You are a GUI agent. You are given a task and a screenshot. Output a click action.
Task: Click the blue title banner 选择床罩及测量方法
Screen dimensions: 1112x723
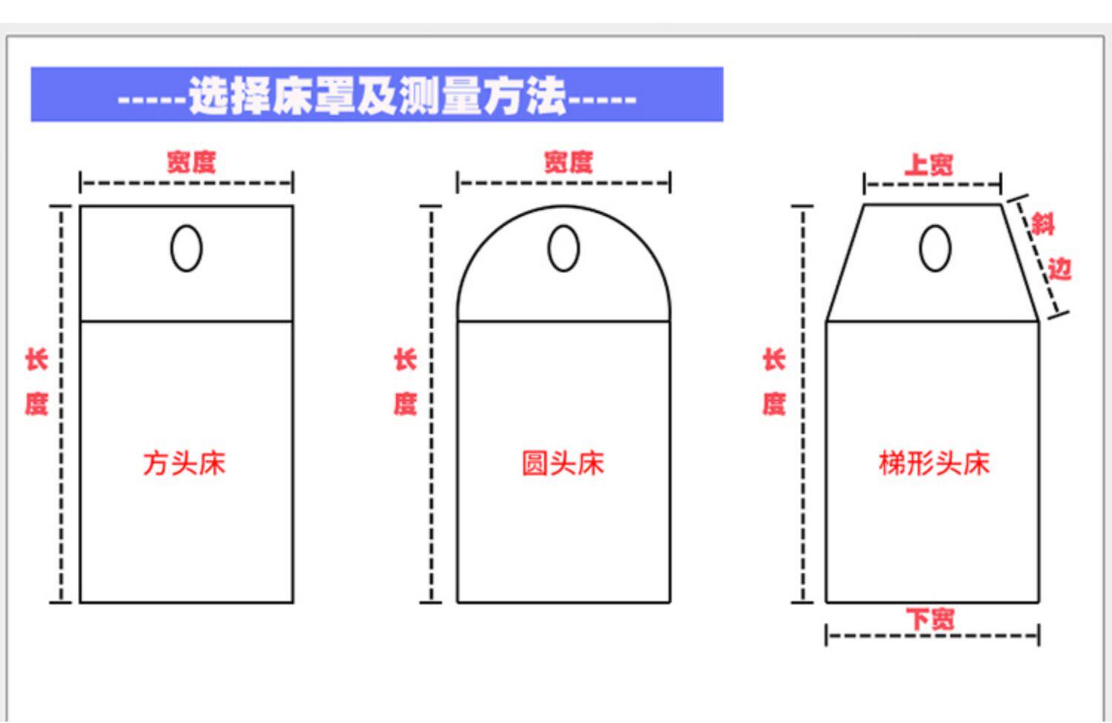tap(377, 95)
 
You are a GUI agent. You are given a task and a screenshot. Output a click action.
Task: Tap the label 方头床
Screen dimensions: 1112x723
tap(185, 463)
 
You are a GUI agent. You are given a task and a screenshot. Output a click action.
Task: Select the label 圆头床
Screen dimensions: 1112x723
tap(563, 463)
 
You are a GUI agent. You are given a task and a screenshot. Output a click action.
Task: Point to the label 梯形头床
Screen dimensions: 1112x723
tap(934, 463)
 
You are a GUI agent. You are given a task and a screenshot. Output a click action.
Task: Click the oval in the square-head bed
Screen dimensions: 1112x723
tap(186, 248)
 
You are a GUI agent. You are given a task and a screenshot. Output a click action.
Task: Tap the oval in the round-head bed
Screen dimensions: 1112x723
tap(563, 248)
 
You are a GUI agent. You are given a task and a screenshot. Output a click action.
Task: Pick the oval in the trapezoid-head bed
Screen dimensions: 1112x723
tap(935, 248)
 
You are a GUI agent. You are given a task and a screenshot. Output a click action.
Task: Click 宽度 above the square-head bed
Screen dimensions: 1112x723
tap(191, 162)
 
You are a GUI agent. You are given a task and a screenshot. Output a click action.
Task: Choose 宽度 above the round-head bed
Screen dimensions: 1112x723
tap(569, 162)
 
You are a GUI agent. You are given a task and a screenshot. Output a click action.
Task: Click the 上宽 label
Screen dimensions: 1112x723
tap(928, 164)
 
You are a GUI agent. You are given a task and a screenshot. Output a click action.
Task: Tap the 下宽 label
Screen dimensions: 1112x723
tap(930, 618)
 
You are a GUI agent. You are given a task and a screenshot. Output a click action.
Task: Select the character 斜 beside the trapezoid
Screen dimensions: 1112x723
tap(1042, 223)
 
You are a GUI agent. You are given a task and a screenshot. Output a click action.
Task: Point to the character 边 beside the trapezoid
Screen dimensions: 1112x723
tap(1059, 268)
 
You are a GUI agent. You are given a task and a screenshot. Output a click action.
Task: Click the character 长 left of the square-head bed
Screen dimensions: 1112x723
tap(36, 360)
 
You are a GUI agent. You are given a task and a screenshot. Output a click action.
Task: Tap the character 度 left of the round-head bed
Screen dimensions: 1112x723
tap(406, 404)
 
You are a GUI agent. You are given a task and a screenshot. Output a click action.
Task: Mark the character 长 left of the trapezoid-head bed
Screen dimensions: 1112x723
tap(774, 360)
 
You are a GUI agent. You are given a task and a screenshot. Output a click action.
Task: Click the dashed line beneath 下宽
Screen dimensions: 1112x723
tap(933, 635)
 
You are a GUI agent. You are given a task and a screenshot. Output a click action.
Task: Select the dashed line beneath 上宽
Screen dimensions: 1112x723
tap(933, 184)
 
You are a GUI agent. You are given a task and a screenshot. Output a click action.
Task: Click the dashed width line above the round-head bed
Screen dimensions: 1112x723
tap(563, 182)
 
